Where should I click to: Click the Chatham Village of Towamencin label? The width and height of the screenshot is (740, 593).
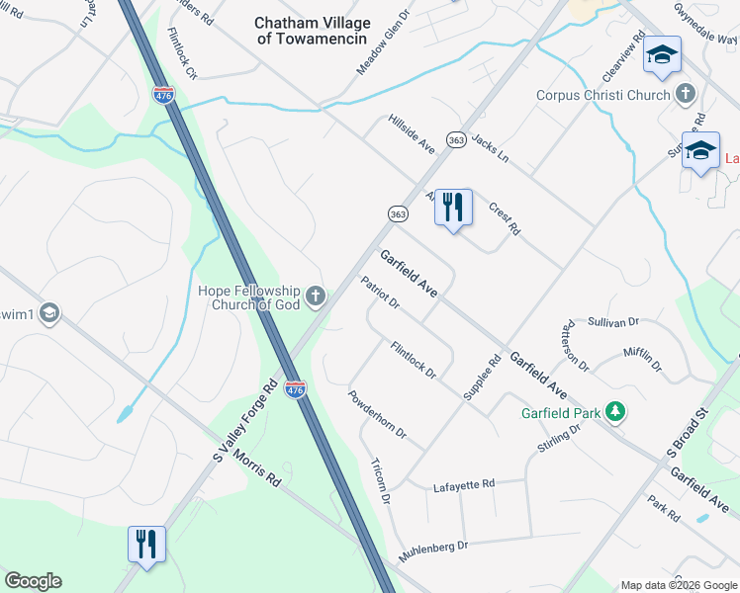coord(312,30)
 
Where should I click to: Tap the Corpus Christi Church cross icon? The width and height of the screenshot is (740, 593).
coord(686,95)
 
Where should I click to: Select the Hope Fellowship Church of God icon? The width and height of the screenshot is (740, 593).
coord(315,296)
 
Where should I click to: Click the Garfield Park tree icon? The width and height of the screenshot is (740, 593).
coord(615,410)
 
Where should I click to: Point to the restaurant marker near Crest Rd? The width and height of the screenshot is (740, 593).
coord(453,208)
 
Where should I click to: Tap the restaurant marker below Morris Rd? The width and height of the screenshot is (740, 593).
coord(146,544)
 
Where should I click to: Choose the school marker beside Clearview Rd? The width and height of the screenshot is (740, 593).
coord(662,55)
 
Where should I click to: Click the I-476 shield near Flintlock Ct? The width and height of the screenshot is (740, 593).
coord(164,95)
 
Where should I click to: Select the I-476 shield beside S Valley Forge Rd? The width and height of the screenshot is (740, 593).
coord(295,389)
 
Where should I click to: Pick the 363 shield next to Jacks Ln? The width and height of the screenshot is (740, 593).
coord(456,140)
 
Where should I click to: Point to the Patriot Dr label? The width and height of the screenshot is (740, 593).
coord(380,294)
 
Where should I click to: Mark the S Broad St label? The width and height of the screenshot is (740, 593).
coord(689,434)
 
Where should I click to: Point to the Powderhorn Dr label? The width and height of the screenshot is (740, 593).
coord(377,415)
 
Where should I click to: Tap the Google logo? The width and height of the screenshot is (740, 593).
coord(33,581)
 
